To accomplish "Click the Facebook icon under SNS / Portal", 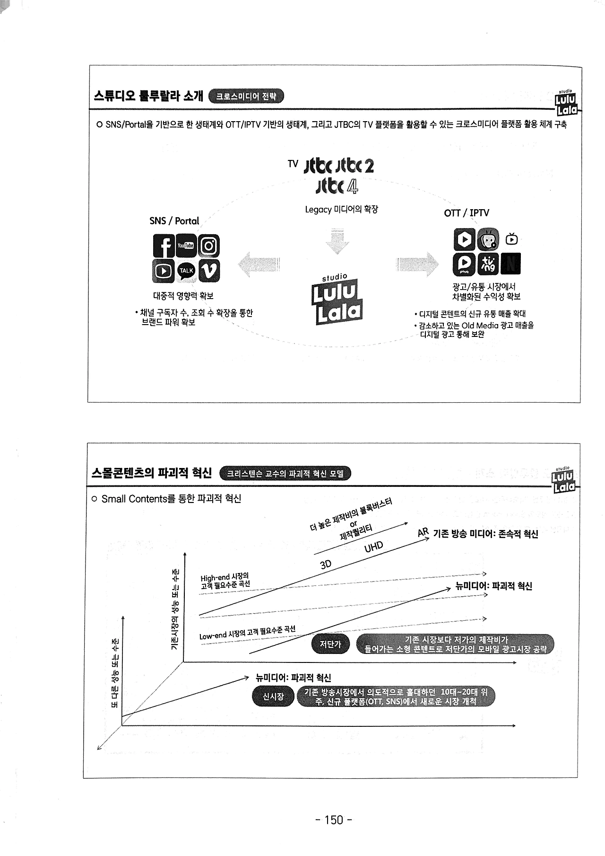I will pyautogui.click(x=164, y=246).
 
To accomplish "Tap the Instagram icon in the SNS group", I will pyautogui.click(x=209, y=246).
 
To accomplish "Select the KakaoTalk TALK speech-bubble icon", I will pyautogui.click(x=186, y=271).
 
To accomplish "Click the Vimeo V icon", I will pyautogui.click(x=209, y=271).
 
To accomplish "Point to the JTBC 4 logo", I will pyautogui.click(x=337, y=186).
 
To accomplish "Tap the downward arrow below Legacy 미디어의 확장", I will pyautogui.click(x=337, y=242).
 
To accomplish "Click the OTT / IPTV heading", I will pyautogui.click(x=466, y=213).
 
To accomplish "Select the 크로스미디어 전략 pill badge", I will pyautogui.click(x=246, y=97).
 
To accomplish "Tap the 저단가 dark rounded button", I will pyautogui.click(x=330, y=644).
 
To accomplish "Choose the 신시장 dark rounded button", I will pyautogui.click(x=273, y=697).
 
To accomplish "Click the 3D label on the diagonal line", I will pyautogui.click(x=326, y=564).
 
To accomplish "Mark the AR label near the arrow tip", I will pyautogui.click(x=423, y=533).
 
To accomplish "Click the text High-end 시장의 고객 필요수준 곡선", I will pyautogui.click(x=225, y=581).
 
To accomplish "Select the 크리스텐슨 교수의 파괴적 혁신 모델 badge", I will pyautogui.click(x=285, y=474).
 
